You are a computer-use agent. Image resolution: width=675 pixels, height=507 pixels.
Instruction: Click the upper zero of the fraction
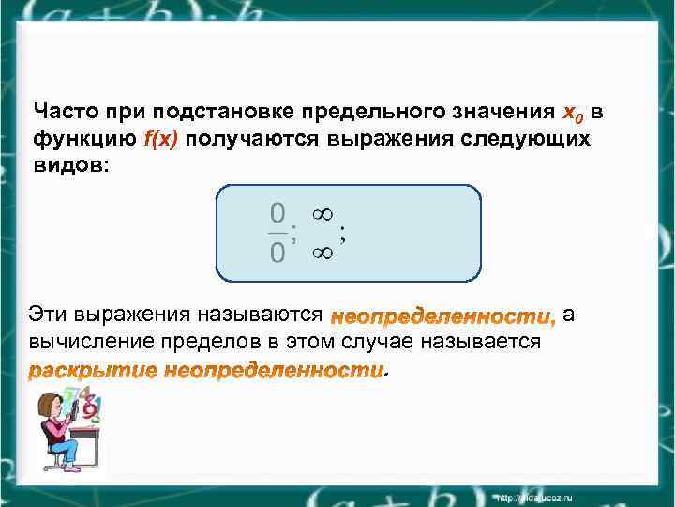(277, 211)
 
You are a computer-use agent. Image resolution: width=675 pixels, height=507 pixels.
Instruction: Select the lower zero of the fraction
(277, 253)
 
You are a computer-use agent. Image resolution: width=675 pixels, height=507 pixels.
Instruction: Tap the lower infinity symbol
(322, 252)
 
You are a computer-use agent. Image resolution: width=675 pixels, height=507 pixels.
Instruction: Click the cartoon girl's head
(49, 410)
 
